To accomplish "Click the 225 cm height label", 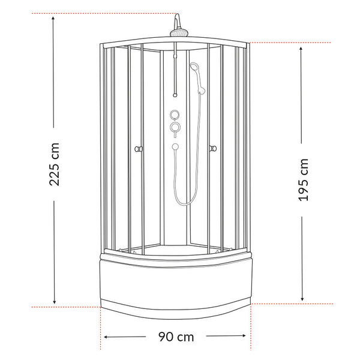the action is (x=55, y=164).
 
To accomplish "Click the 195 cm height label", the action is (x=303, y=180).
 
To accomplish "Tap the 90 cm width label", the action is (x=176, y=337).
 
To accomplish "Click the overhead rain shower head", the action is (x=179, y=32).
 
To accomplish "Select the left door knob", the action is (x=139, y=149).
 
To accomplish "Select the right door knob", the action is (x=213, y=149).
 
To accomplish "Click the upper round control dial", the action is (x=175, y=115).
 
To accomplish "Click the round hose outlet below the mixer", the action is (x=175, y=146).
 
